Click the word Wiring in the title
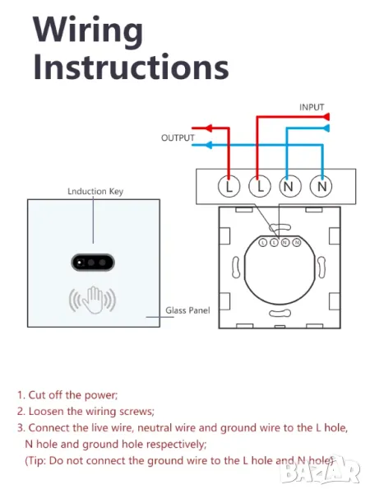(x=88, y=30)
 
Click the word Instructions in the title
(x=131, y=67)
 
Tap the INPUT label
(x=312, y=107)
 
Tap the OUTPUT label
(x=178, y=138)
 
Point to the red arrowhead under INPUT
(x=326, y=117)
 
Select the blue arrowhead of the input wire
(x=326, y=128)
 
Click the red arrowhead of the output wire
(x=209, y=128)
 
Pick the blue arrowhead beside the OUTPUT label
(x=208, y=145)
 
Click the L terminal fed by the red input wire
(x=260, y=186)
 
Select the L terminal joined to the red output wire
(x=229, y=186)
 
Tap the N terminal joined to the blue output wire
(x=321, y=186)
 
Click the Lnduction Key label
(x=95, y=192)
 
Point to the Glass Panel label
(x=187, y=310)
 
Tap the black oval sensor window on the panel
(x=93, y=263)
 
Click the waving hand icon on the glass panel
(x=92, y=300)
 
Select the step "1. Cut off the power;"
(x=67, y=395)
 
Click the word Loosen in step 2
(x=46, y=412)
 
